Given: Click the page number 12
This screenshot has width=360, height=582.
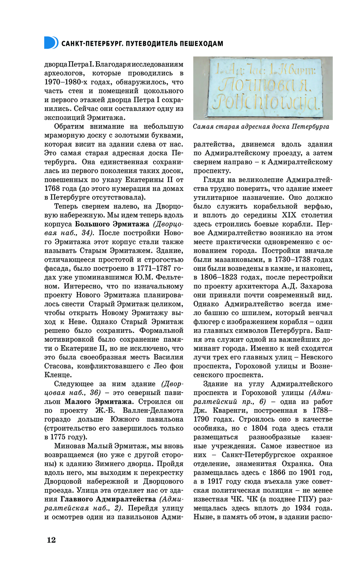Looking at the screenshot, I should click(51, 540).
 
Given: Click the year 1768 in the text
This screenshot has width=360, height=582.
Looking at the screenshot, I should click(52, 189).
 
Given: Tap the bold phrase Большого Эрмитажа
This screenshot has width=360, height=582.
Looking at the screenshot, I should click(112, 224).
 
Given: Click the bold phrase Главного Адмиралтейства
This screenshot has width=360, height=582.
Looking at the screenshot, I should click(108, 499).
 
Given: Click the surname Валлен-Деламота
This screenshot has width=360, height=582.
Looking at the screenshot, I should click(153, 411).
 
